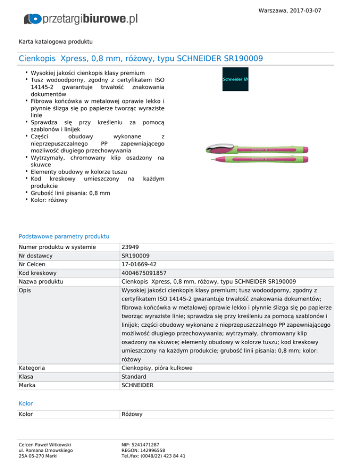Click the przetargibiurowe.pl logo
tap(81, 19)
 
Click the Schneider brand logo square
tap(235, 79)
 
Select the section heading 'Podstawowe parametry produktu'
tap(64, 236)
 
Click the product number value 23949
tap(129, 247)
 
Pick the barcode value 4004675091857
tap(144, 273)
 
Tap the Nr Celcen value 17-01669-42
tap(139, 264)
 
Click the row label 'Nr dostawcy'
tap(35, 256)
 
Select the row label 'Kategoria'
tap(32, 368)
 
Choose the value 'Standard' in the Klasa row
tap(134, 377)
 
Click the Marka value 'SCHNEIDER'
tap(137, 386)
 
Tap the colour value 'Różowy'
tap(132, 414)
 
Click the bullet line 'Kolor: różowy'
tap(49, 200)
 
